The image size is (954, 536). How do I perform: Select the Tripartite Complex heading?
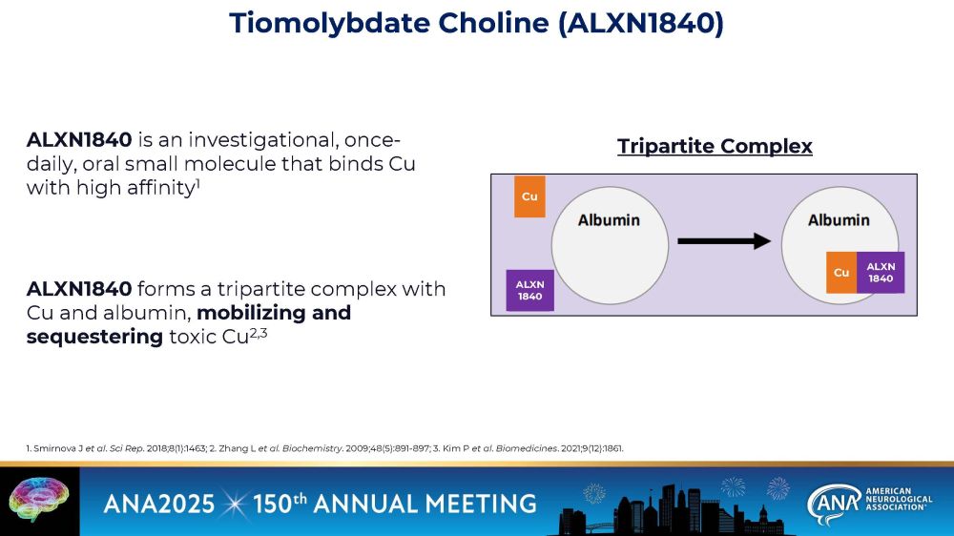[715, 146]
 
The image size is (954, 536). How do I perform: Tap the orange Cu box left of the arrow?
[529, 196]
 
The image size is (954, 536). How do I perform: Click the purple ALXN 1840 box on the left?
[529, 290]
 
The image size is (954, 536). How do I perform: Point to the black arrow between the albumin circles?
[723, 241]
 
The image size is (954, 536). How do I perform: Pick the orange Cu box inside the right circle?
[841, 273]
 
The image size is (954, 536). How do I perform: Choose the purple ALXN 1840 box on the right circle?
[881, 273]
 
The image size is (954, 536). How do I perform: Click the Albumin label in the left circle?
[609, 220]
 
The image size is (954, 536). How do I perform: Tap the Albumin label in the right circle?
[839, 220]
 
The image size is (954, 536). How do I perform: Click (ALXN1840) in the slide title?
[640, 24]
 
